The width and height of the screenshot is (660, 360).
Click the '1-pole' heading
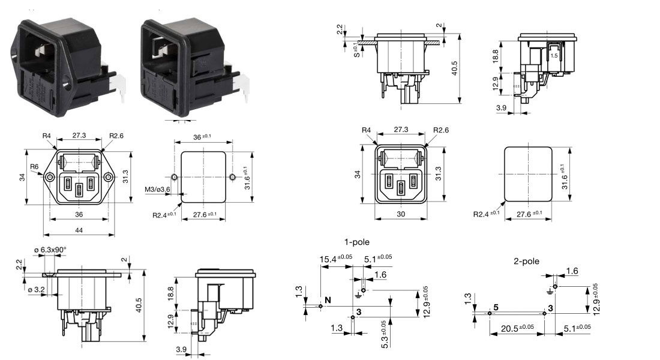(356, 242)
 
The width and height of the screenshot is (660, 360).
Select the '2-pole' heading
(526, 262)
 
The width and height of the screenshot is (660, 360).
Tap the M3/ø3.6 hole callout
(157, 191)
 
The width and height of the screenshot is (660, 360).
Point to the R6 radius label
(34, 167)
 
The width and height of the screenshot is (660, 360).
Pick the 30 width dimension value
(400, 214)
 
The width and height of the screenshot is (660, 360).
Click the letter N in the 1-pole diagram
(328, 300)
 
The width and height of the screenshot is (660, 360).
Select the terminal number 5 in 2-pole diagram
(496, 307)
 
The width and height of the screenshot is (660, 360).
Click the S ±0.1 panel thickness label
(356, 49)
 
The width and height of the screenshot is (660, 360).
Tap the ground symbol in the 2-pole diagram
(550, 292)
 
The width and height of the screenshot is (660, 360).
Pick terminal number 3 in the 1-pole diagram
(358, 311)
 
